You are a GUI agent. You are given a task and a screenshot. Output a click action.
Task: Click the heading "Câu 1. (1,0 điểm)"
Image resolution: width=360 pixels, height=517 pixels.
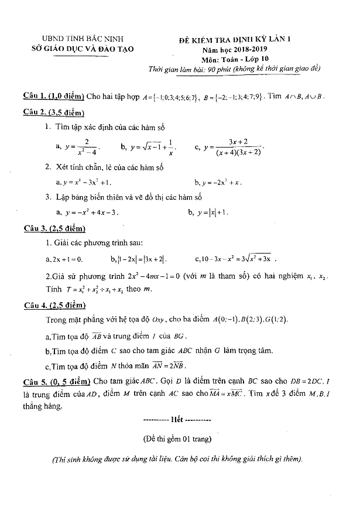(x=53, y=97)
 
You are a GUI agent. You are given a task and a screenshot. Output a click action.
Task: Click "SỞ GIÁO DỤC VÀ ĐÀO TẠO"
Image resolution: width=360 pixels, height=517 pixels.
(x=83, y=49)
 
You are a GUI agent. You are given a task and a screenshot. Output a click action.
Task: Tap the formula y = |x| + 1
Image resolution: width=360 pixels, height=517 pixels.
(x=215, y=213)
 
